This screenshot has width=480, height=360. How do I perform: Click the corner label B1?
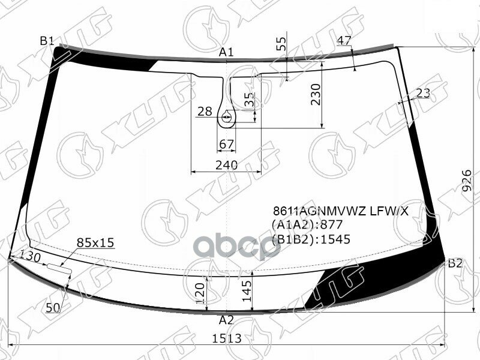tap(47, 41)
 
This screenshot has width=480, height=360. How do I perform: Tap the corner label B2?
tap(455, 263)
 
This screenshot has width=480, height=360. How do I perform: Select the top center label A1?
tap(226, 53)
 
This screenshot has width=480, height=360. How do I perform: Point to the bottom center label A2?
tap(226, 319)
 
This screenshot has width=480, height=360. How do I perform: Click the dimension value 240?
tap(226, 165)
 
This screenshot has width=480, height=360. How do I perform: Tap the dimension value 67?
tap(226, 143)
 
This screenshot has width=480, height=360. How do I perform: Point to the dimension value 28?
tap(205, 111)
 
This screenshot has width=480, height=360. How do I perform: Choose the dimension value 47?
tap(344, 41)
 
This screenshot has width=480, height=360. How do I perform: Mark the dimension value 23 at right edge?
tap(423, 93)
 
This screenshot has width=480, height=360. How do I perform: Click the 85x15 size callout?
tap(95, 243)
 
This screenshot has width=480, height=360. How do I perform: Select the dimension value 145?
tap(246, 290)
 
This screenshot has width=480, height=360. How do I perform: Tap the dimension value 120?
tap(200, 292)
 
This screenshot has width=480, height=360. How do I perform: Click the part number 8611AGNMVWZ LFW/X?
tap(340, 211)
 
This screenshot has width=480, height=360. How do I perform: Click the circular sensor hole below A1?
tap(227, 118)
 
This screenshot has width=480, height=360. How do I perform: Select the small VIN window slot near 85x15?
tap(60, 266)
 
